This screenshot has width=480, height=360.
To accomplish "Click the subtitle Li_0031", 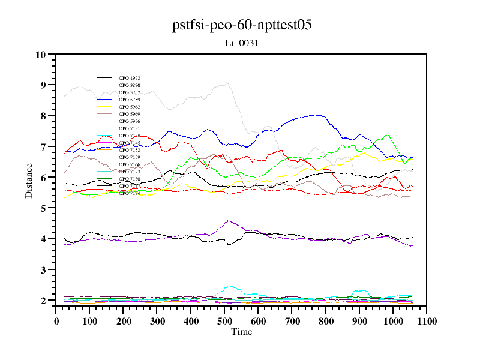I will point(242,43).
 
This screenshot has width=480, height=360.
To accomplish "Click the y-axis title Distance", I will point(29,180).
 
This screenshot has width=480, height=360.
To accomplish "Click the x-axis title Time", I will point(242,332).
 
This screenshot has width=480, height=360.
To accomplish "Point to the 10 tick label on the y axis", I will point(41,55).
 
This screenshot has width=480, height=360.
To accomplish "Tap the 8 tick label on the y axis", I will point(43,116).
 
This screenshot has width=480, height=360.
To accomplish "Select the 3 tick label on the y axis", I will point(43,270).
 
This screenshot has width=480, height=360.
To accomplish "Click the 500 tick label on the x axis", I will point(224,321).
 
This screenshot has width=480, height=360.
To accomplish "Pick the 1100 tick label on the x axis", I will point(426,321).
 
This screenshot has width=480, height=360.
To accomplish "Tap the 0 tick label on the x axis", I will point(56,321).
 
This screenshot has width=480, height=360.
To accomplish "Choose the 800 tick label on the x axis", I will point(325,321).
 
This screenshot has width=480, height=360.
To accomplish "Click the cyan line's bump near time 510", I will point(229,286).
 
